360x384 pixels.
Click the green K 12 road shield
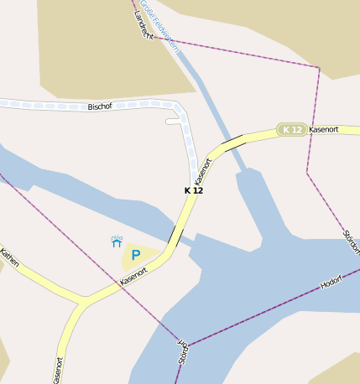click(x=291, y=129)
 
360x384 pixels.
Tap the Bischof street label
click(x=100, y=106)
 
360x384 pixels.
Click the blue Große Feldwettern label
click(x=159, y=25)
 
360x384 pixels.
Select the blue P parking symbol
click(x=135, y=255)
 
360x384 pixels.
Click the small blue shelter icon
click(x=117, y=241)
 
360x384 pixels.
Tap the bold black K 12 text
click(x=194, y=190)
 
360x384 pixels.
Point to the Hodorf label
click(x=332, y=281)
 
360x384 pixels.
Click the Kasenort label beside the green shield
click(x=323, y=130)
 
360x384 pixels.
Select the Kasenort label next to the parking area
click(x=134, y=277)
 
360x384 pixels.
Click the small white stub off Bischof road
click(x=174, y=122)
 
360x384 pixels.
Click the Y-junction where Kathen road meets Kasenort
click(x=82, y=300)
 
